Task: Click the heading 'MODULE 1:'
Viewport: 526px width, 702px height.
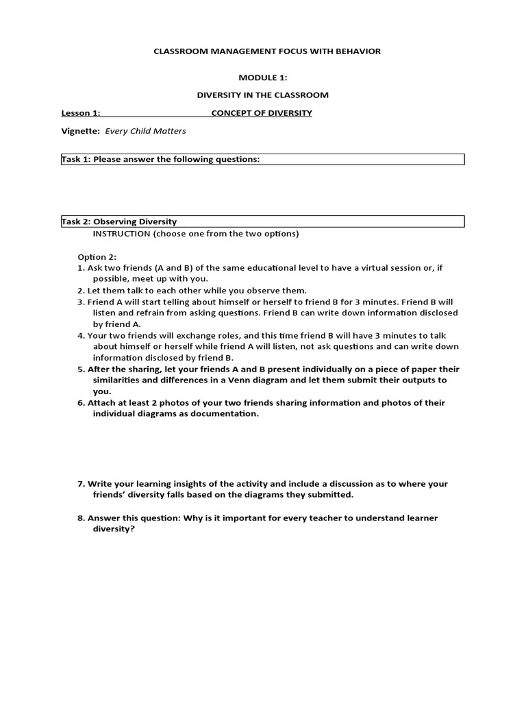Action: (x=263, y=77)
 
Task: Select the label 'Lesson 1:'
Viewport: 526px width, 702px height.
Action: (x=81, y=113)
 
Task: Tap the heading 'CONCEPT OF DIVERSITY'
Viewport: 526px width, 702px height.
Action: (x=262, y=113)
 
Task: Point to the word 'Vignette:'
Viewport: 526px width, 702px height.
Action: (x=81, y=131)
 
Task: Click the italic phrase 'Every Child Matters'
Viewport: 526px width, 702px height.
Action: (x=145, y=131)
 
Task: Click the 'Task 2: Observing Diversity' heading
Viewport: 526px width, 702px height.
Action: (x=119, y=221)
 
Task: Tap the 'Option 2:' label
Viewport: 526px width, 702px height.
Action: (x=97, y=256)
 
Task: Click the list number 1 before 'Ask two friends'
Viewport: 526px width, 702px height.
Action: (x=80, y=268)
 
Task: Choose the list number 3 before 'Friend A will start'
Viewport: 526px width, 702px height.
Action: (x=80, y=302)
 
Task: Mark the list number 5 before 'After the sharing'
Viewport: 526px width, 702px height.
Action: (x=80, y=369)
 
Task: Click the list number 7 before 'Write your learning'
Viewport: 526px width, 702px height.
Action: (x=80, y=484)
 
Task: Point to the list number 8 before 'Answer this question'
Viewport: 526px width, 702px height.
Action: (x=80, y=518)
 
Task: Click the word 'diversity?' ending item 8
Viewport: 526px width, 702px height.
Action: (x=114, y=529)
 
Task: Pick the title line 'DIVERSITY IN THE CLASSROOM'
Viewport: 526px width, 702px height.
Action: (x=263, y=95)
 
